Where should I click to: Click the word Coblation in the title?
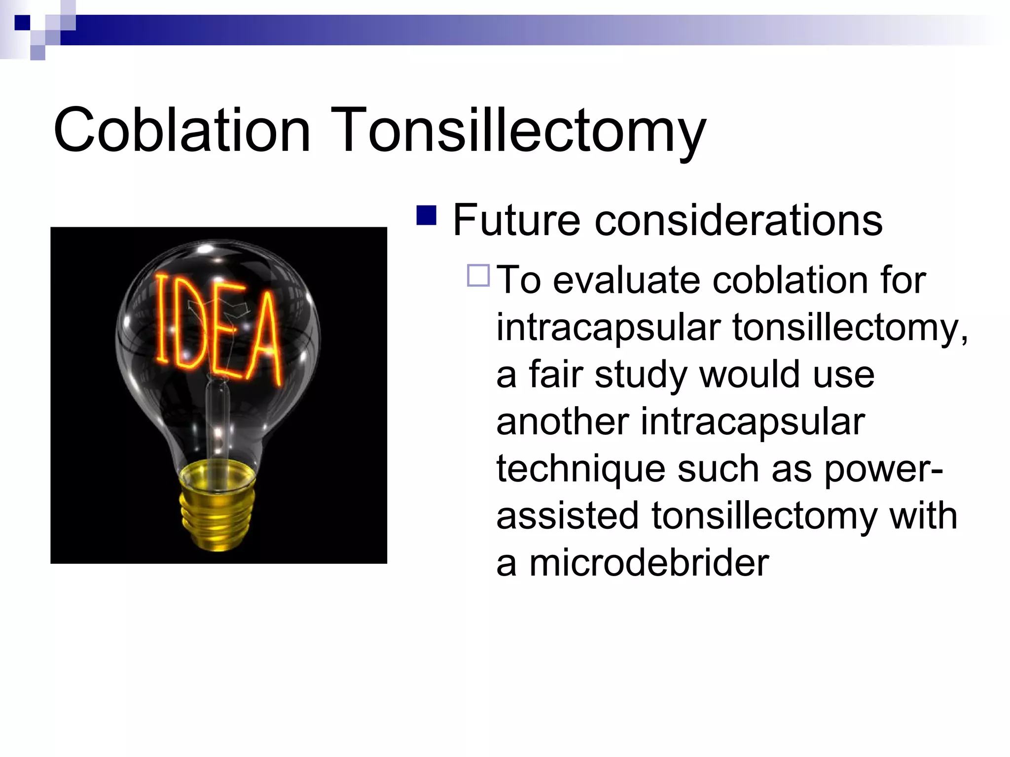tap(181, 131)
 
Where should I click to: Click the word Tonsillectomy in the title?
tap(518, 132)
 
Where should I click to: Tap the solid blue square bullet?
tap(427, 215)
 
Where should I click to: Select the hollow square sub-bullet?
tap(478, 275)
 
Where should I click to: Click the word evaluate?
tap(627, 280)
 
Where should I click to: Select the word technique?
tap(580, 469)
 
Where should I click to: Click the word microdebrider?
tap(649, 563)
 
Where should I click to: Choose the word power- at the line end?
tap(883, 469)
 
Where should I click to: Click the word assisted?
tap(567, 516)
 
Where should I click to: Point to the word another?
tap(562, 422)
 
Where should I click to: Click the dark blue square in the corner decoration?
tap(22, 23)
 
